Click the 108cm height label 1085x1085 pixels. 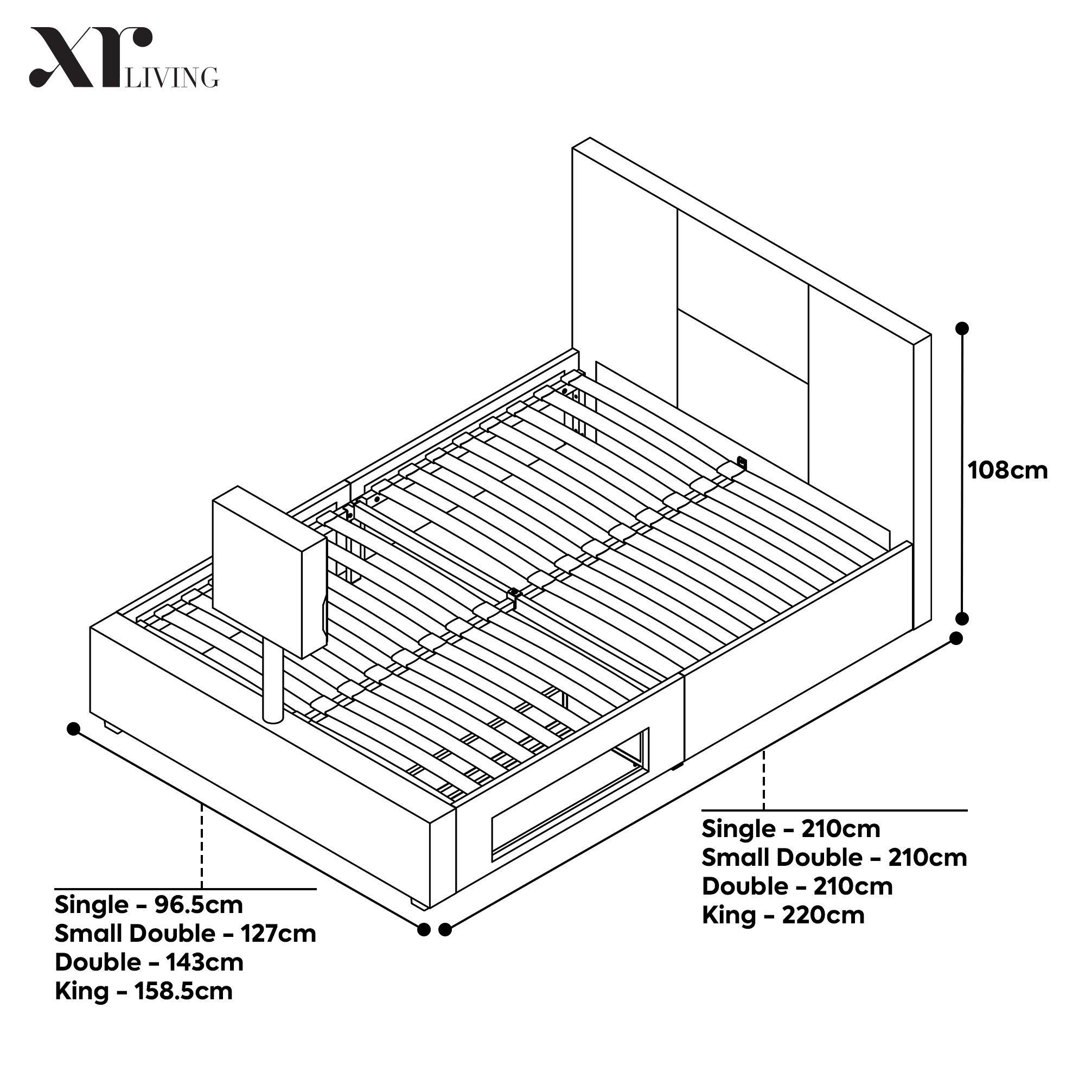coord(1007,470)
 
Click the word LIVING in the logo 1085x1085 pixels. coord(172,78)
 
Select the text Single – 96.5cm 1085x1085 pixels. coord(148,905)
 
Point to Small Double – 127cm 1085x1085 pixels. coord(185,933)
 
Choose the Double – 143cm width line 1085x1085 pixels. coord(149,962)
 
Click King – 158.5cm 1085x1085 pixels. coord(143,991)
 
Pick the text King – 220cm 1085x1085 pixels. coord(783,915)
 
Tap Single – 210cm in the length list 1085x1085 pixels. coord(791,829)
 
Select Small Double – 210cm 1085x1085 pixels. coord(834,858)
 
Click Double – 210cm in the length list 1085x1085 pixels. coord(797,886)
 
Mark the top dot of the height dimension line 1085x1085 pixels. coord(962,328)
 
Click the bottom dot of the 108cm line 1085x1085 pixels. coord(962,618)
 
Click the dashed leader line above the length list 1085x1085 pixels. coord(763,780)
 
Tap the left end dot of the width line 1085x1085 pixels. coord(73,729)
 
